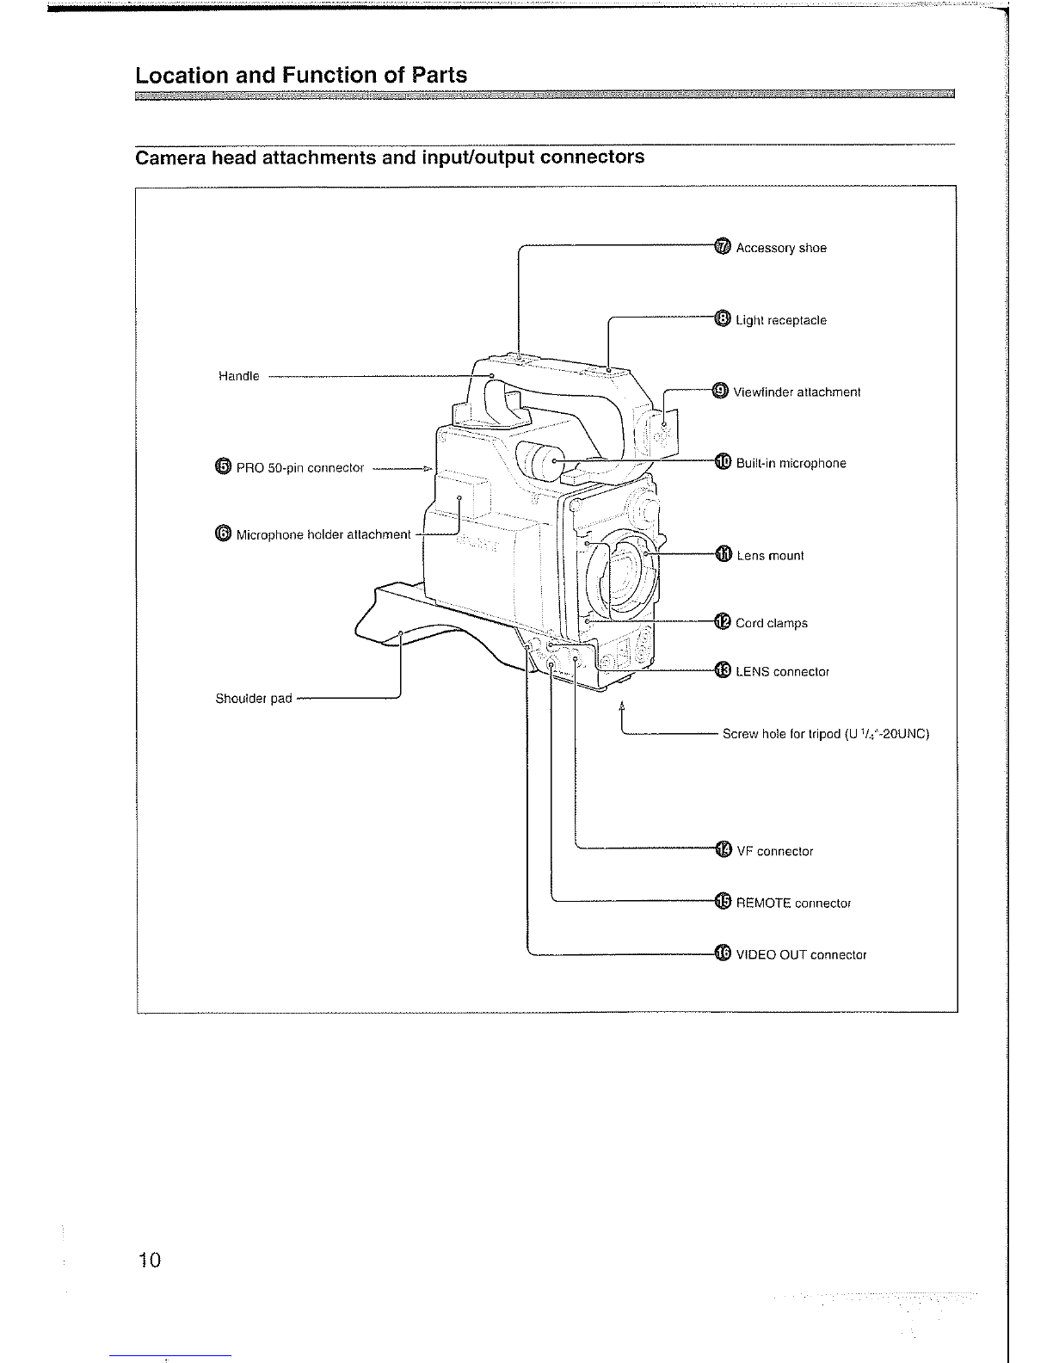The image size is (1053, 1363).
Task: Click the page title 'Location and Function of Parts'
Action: pos(301,75)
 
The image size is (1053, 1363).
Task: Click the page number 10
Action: pos(150,1260)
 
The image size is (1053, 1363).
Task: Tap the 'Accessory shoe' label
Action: pos(781,248)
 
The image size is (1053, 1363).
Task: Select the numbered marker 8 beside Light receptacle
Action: pos(723,318)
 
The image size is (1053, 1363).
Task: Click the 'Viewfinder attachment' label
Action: pos(797,392)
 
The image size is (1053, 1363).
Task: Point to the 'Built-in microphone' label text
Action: pos(791,463)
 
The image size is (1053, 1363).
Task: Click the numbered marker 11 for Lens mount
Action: pos(724,554)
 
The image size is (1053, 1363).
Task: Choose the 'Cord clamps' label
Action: pos(772,623)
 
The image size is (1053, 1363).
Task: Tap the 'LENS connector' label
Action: pos(782,672)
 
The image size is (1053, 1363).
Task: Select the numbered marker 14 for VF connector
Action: pos(724,850)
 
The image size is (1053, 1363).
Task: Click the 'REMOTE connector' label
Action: pos(793,903)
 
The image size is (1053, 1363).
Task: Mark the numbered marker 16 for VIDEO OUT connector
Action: pos(724,953)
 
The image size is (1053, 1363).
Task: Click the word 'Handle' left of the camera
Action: pos(238,376)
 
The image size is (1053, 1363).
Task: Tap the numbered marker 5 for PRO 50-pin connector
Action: pos(223,466)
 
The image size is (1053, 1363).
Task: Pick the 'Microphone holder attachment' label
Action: pos(323,534)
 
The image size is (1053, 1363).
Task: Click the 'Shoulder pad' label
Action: pos(254,698)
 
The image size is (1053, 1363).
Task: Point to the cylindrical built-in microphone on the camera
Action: pos(539,461)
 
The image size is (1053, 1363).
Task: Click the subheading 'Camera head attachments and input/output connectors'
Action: pos(390,157)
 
